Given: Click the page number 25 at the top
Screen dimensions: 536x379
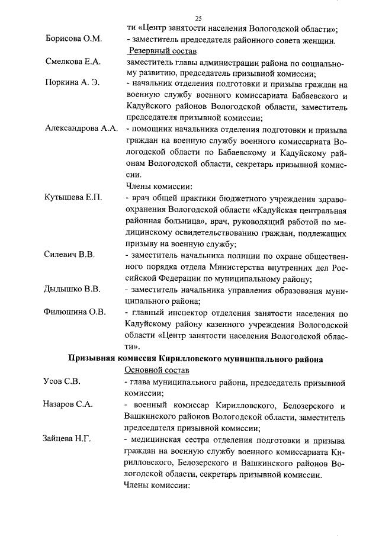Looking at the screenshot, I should (x=198, y=18).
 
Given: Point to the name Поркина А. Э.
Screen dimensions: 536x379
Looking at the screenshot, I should (x=73, y=83).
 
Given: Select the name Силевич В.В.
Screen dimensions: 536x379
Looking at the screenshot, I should (x=70, y=254).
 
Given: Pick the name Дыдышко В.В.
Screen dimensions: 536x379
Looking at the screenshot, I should (x=72, y=289).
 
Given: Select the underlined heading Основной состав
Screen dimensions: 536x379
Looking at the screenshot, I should (x=157, y=370).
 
